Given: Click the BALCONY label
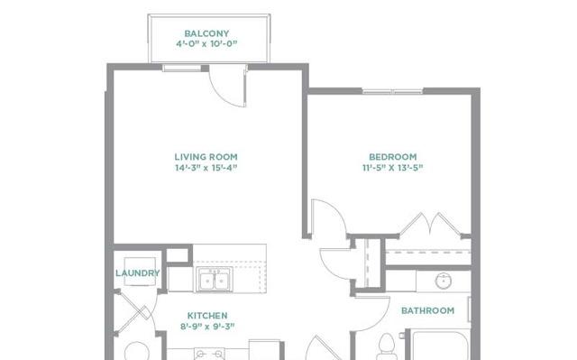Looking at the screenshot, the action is click(206, 33).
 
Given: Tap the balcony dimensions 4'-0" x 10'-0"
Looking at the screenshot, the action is click(206, 44).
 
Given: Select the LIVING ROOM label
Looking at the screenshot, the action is click(206, 157).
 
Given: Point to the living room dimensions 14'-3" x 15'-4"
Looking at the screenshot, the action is click(206, 168).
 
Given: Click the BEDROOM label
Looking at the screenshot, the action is click(393, 157).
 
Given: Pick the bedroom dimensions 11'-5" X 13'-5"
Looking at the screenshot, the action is click(393, 168).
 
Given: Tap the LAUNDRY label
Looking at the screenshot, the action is click(138, 273).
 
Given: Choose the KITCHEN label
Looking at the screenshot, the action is click(207, 316).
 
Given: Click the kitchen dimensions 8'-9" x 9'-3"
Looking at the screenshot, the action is click(207, 326).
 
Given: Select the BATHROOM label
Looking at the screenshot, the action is click(427, 310).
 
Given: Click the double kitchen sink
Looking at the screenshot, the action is click(215, 280).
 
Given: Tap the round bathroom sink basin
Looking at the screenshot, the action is click(444, 282).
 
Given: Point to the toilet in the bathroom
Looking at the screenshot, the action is click(387, 346).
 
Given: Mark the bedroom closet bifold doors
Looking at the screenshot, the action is click(430, 223).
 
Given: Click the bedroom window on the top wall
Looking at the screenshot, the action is click(393, 91).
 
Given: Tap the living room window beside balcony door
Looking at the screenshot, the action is click(182, 68).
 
